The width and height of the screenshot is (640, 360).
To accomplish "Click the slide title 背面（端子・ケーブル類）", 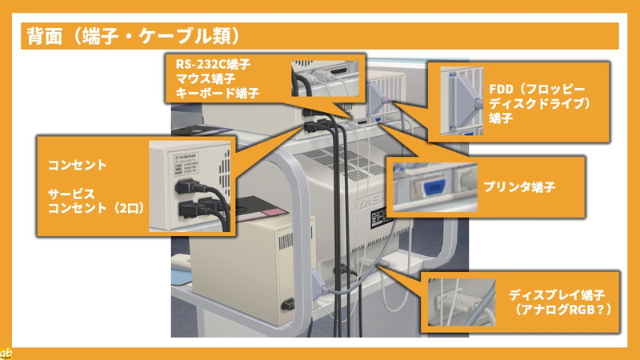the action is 134,36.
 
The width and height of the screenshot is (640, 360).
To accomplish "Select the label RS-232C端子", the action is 213,64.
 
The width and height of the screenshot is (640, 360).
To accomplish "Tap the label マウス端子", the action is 206,78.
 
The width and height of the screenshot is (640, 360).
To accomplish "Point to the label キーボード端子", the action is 217,93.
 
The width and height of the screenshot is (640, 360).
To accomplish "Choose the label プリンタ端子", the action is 519,187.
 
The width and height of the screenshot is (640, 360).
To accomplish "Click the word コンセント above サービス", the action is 77,166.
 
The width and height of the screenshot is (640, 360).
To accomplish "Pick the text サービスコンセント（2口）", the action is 96,201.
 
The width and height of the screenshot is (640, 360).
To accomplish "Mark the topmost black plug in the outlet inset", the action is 190,187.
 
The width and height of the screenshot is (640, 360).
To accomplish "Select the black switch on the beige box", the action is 288,304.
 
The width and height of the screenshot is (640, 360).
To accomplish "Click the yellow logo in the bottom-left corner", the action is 6,354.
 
